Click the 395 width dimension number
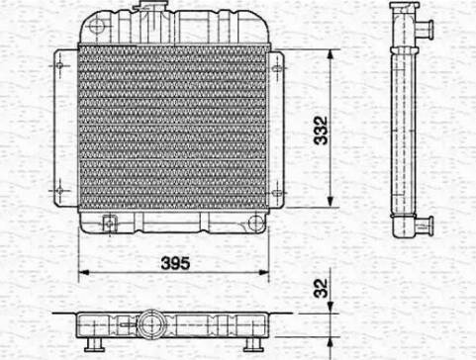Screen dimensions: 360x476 coord(173,265)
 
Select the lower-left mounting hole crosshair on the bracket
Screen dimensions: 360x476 coord(62,188)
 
